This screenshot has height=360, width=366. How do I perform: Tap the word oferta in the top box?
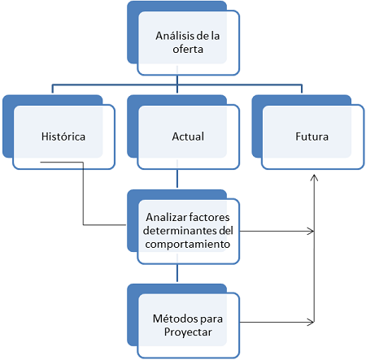click(x=188, y=50)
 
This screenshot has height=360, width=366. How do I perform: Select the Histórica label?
click(x=63, y=137)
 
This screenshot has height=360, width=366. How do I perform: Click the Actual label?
click(x=188, y=137)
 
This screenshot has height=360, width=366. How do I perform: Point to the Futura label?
click(x=312, y=137)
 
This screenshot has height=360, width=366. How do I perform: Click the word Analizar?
click(x=166, y=217)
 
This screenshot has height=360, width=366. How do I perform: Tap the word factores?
click(x=209, y=217)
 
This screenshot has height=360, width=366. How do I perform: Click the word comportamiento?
click(x=188, y=245)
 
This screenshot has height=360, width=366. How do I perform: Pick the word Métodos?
click(x=175, y=319)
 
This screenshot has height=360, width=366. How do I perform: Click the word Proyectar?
click(x=188, y=332)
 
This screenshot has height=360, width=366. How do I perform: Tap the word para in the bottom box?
click(x=211, y=319)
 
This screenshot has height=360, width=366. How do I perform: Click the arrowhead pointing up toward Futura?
click(x=314, y=178)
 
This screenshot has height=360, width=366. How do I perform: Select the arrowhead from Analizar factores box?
click(x=311, y=232)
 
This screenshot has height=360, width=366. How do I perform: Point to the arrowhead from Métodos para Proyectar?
click(x=311, y=322)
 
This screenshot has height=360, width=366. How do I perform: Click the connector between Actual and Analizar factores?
click(x=177, y=178)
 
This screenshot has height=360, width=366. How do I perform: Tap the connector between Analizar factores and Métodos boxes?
click(x=177, y=273)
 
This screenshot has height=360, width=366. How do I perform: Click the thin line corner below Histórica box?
click(x=83, y=163)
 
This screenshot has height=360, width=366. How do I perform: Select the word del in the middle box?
click(x=226, y=231)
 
